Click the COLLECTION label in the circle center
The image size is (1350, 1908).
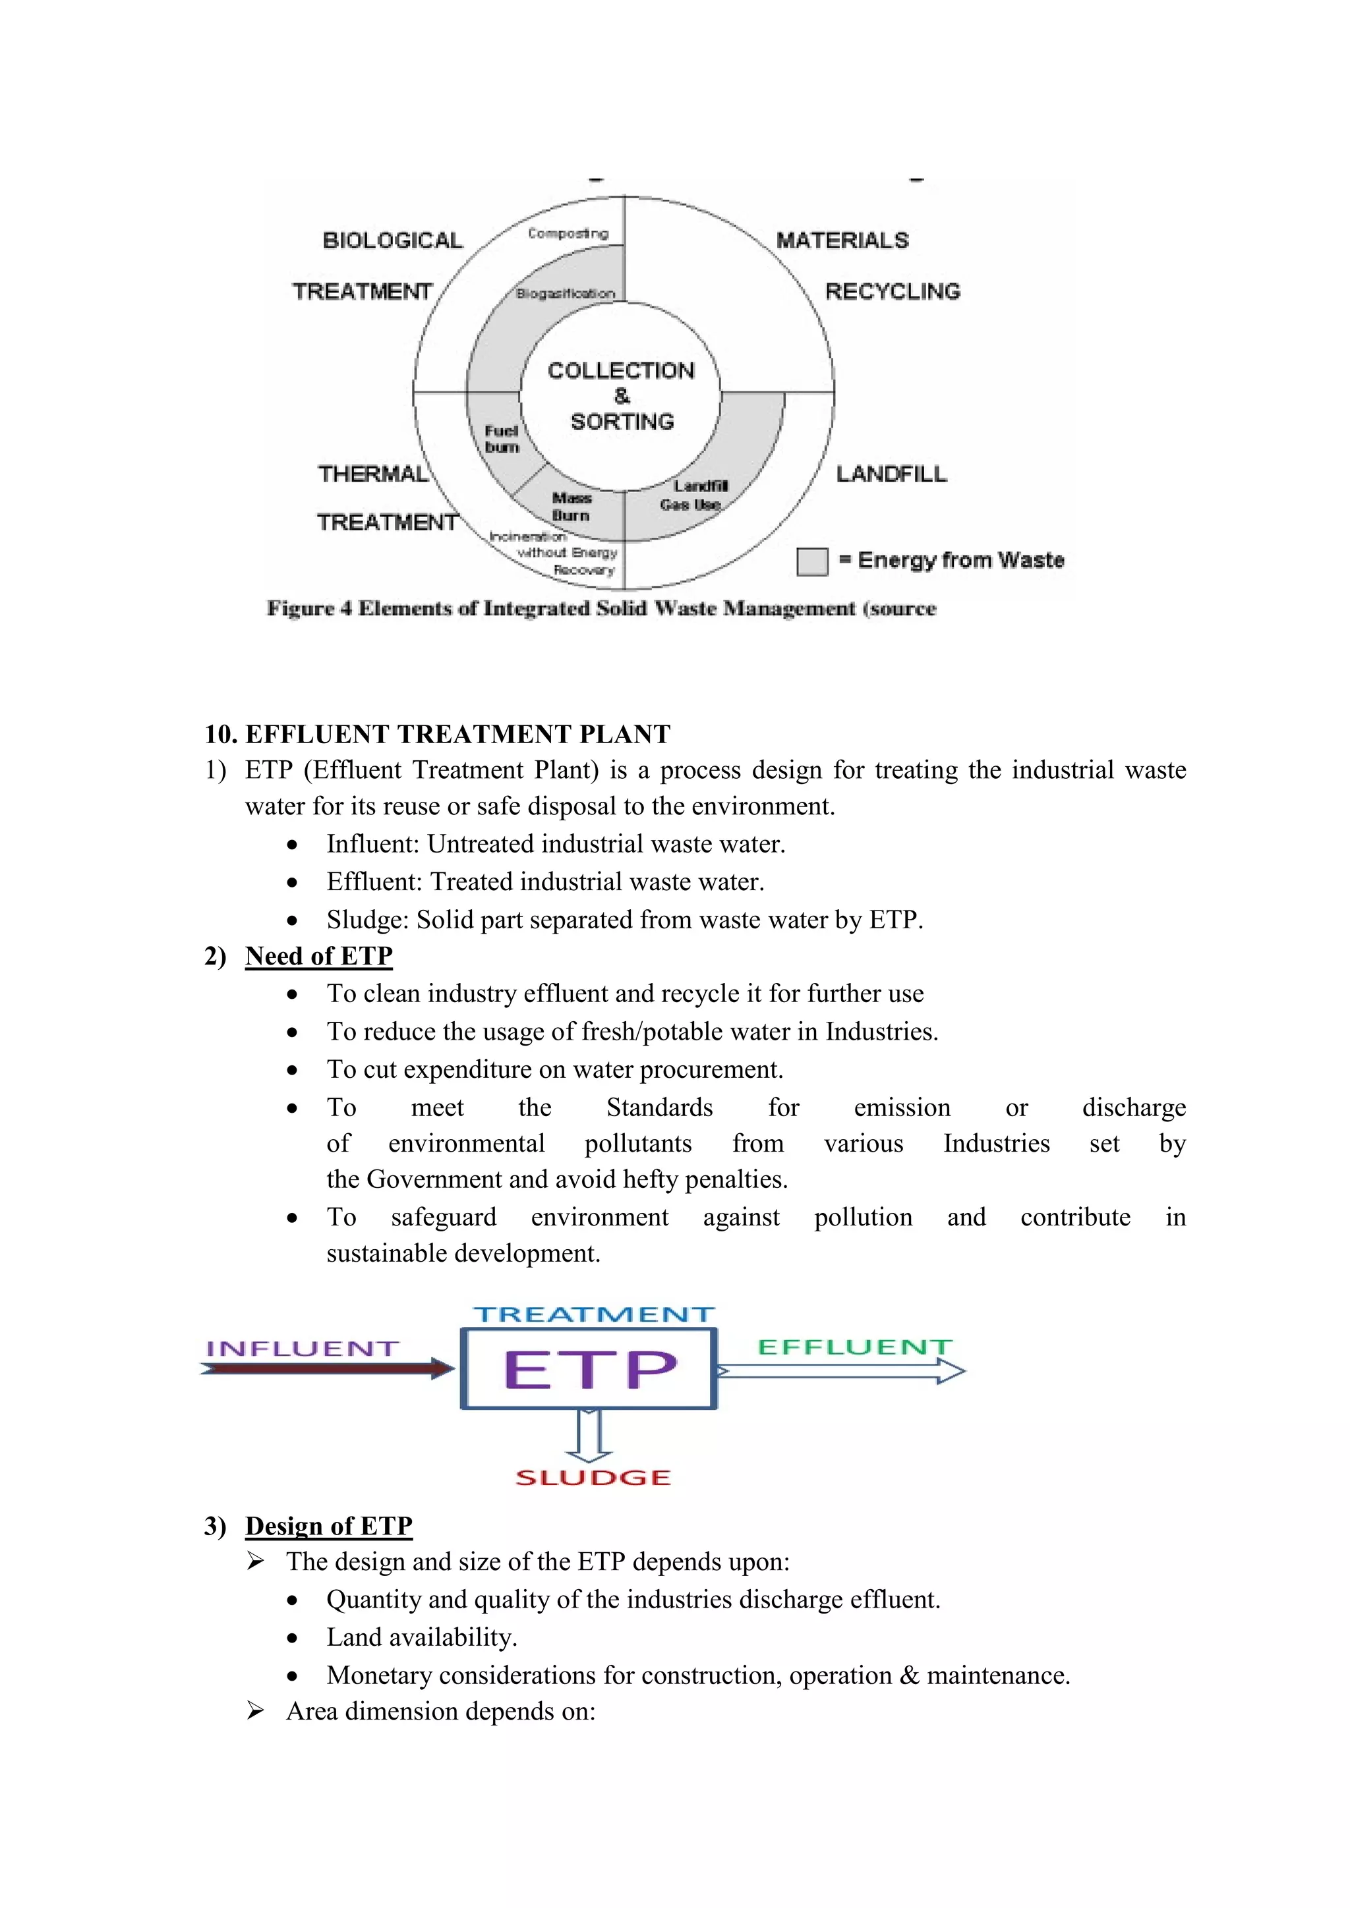621,371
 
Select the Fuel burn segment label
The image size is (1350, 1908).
501,439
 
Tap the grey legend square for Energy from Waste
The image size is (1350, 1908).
812,561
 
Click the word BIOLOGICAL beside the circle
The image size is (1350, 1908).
392,240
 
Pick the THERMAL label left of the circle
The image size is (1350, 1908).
372,474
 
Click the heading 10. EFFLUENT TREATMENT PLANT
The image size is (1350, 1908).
437,734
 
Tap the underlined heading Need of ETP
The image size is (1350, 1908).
318,956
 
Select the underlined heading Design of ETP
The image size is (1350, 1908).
328,1526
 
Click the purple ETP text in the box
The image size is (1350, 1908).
589,1370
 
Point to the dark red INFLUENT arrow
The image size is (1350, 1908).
328,1368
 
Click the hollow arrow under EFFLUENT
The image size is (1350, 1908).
840,1371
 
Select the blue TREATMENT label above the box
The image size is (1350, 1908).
593,1314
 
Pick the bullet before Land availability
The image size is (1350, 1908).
292,1639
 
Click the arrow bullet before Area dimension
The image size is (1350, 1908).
255,1710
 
